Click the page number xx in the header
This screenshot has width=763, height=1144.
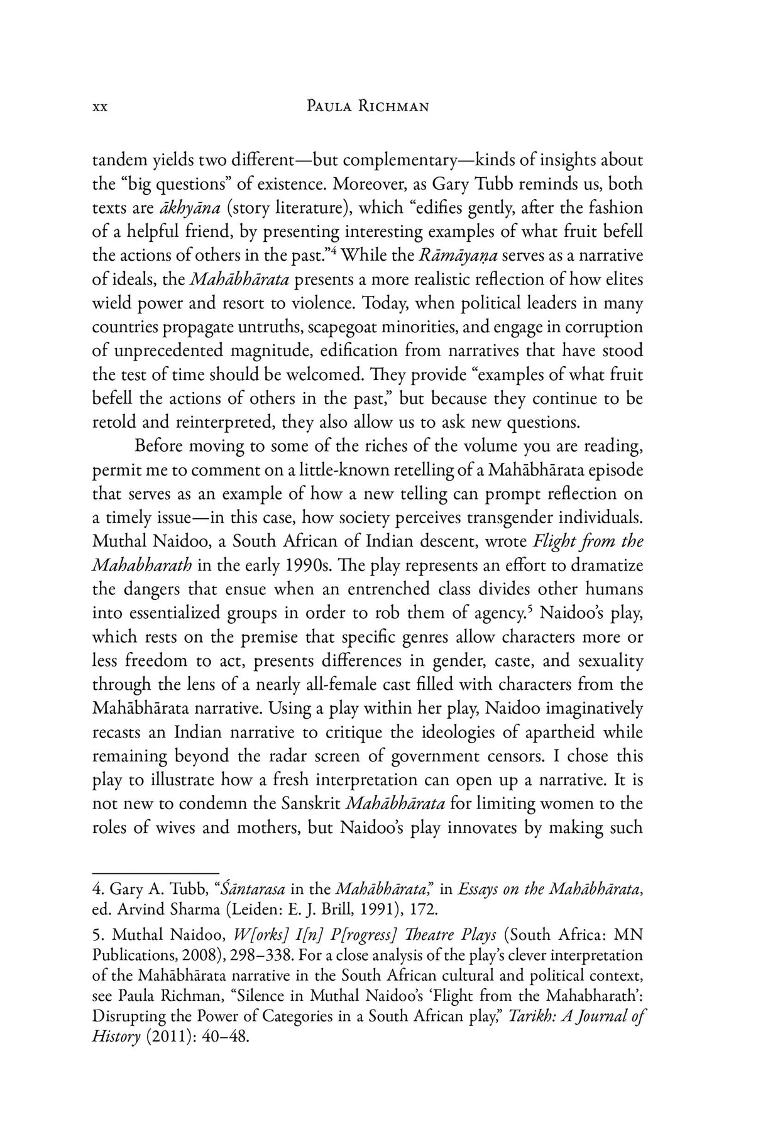click(x=100, y=107)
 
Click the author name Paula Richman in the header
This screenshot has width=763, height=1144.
click(x=367, y=107)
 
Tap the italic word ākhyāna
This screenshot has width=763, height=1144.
click(x=182, y=208)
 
